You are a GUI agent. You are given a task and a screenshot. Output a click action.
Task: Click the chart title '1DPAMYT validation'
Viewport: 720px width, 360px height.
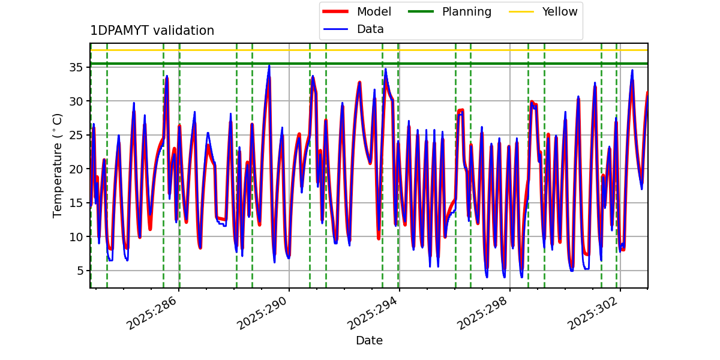tap(152, 31)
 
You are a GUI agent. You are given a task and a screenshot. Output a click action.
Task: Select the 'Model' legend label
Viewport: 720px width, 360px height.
tap(374, 11)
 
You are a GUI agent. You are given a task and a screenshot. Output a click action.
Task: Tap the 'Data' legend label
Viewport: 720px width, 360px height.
tap(370, 29)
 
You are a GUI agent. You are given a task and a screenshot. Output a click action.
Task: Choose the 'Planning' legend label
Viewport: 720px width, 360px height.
tap(466, 11)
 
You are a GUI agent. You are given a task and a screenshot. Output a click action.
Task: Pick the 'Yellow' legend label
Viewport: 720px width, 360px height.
tap(559, 11)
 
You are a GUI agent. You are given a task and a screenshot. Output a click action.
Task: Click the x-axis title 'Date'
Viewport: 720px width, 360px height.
tap(369, 341)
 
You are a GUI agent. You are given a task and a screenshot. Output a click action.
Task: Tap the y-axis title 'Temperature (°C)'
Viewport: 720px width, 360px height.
tap(58, 165)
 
